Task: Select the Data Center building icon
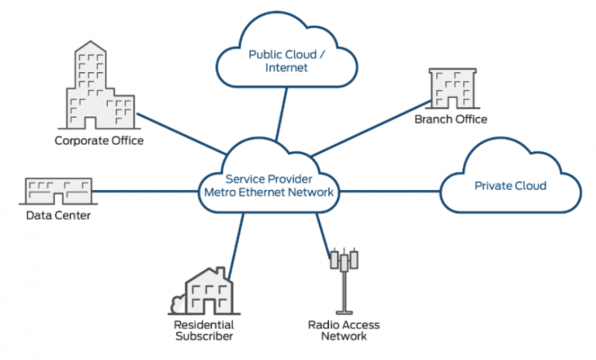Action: point(59,191)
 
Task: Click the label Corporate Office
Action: point(99,140)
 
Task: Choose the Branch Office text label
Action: point(451,119)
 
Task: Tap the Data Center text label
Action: point(58,215)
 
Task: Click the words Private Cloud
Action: point(511,186)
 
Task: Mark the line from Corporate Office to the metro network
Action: point(178,130)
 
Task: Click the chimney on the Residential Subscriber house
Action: point(224,273)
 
